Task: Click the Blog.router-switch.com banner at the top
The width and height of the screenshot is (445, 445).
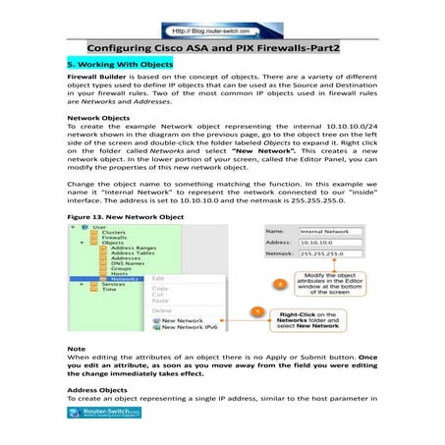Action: [222, 17]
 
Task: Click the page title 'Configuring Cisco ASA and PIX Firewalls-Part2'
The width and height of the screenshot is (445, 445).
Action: [222, 47]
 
